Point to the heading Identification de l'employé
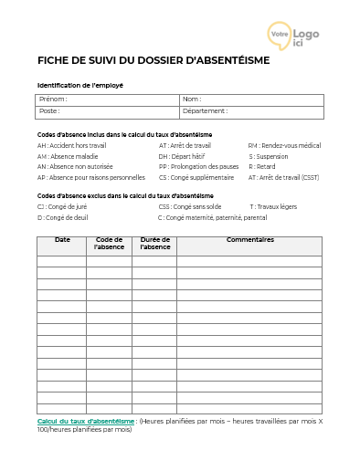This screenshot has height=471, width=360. (80, 85)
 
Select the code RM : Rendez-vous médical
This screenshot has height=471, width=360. (284, 145)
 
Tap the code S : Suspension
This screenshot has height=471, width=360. (270, 156)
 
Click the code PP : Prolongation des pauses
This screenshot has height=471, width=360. (198, 167)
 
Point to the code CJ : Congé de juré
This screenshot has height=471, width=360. (65, 207)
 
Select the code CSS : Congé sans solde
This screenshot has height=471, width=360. (190, 207)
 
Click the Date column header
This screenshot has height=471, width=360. (62, 240)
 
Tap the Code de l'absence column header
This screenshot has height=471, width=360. (110, 244)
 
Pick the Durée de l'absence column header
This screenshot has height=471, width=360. (154, 244)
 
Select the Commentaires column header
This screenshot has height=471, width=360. (249, 240)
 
